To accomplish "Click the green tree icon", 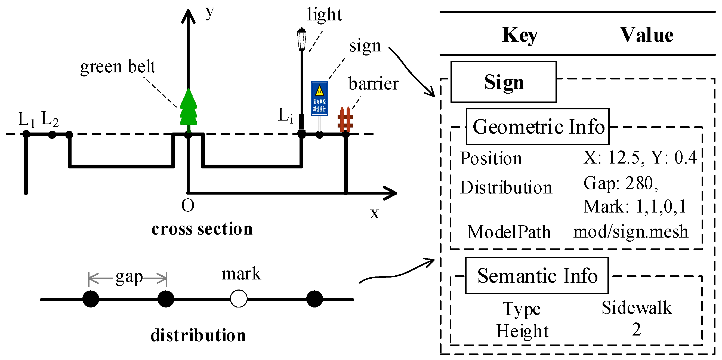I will (188, 109).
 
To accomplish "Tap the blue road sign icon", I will (319, 99).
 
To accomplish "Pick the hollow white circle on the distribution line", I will (239, 299).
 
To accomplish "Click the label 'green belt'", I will (118, 67).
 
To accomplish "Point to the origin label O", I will (187, 205).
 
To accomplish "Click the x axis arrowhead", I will (391, 193).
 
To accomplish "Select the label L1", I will (26, 119).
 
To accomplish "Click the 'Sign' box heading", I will (503, 82).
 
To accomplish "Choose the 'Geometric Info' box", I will (538, 127).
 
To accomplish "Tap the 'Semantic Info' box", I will (537, 276).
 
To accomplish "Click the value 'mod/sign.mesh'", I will (631, 232).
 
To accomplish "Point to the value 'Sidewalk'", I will (637, 307).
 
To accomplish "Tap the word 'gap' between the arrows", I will (129, 277).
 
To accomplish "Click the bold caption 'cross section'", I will (202, 229).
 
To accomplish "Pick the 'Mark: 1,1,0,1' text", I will (635, 207).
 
